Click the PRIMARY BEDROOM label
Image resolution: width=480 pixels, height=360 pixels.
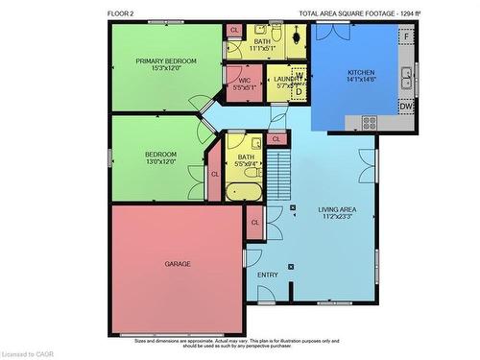point(165,61)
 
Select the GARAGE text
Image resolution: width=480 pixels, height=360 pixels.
point(178,263)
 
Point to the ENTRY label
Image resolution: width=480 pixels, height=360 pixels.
point(268,275)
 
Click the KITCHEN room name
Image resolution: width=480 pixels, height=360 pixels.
point(361,73)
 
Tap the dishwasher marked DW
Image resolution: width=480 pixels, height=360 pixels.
point(406,107)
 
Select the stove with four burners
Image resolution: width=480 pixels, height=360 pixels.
point(370,121)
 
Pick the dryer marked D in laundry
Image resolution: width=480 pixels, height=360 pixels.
point(299,91)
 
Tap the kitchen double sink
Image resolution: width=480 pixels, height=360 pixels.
point(407,75)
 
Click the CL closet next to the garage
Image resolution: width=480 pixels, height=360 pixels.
point(255,223)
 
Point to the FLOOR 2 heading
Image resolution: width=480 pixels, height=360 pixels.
point(122,13)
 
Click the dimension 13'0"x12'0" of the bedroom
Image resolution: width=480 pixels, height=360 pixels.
point(160,161)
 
